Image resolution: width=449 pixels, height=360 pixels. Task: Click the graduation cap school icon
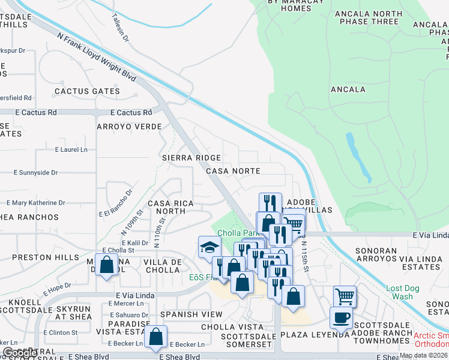(209, 247)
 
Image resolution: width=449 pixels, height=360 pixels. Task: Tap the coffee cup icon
(341, 317)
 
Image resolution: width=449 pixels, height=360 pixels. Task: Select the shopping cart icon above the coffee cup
(345, 296)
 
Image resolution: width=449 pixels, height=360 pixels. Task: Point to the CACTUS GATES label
(87, 91)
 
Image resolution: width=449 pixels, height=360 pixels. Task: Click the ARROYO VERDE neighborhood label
(130, 127)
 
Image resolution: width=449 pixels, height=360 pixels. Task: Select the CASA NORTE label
(233, 171)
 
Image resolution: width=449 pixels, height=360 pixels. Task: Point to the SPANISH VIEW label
(190, 314)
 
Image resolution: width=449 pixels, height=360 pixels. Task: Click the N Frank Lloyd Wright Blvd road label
(96, 58)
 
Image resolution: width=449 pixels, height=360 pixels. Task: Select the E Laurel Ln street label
(71, 149)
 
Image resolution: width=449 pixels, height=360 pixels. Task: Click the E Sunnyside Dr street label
(35, 172)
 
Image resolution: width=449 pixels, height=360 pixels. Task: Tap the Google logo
(20, 353)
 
